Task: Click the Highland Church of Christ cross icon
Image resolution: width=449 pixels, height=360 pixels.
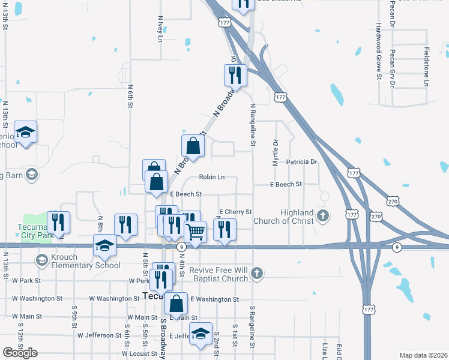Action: (322, 215)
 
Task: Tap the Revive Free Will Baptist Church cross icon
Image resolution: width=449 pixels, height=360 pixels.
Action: (256, 274)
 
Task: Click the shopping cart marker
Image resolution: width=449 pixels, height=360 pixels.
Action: (196, 231)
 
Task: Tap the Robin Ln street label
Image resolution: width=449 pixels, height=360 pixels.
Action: (212, 177)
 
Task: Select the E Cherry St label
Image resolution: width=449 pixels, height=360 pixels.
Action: (235, 212)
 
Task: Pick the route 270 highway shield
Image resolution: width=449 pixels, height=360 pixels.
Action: (376, 216)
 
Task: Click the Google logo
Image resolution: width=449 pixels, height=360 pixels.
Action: (20, 353)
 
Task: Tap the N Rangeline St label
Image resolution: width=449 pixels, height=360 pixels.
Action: (253, 125)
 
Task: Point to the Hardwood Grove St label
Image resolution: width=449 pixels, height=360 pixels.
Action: (379, 52)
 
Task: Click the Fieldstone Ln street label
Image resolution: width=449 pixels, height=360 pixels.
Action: (426, 66)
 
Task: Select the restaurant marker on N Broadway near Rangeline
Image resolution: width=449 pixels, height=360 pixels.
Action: (235, 76)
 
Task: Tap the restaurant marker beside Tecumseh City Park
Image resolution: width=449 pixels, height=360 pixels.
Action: (58, 223)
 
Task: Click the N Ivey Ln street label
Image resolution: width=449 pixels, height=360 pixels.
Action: (161, 29)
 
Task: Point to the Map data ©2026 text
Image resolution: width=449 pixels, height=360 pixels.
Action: (423, 355)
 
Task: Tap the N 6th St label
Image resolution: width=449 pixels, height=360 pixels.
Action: (130, 95)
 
